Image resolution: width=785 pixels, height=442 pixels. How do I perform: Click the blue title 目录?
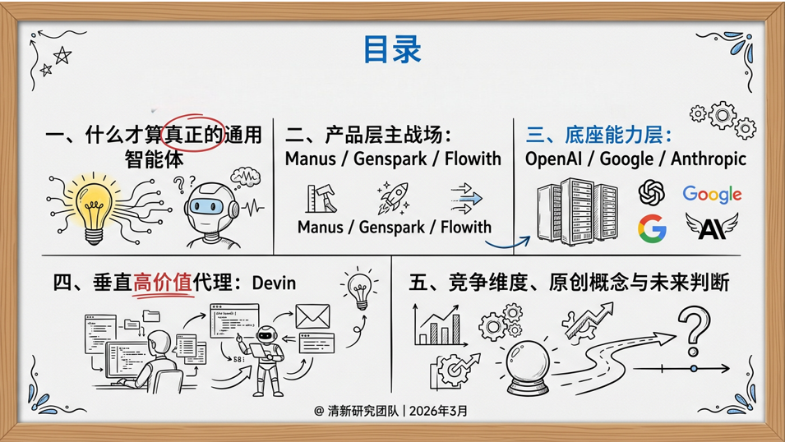click(392, 49)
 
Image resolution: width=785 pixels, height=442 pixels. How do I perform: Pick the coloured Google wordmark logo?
click(712, 194)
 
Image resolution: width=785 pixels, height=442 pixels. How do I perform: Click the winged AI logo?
click(711, 227)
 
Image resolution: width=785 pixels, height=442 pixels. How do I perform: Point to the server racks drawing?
click(577, 212)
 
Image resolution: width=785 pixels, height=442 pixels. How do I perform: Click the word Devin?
click(274, 283)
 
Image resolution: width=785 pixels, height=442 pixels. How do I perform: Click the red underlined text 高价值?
click(162, 283)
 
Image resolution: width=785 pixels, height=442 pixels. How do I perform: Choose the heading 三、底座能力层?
click(599, 135)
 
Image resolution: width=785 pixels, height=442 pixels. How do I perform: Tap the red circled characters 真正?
click(194, 135)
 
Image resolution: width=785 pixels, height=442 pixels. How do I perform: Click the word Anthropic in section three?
click(709, 159)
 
